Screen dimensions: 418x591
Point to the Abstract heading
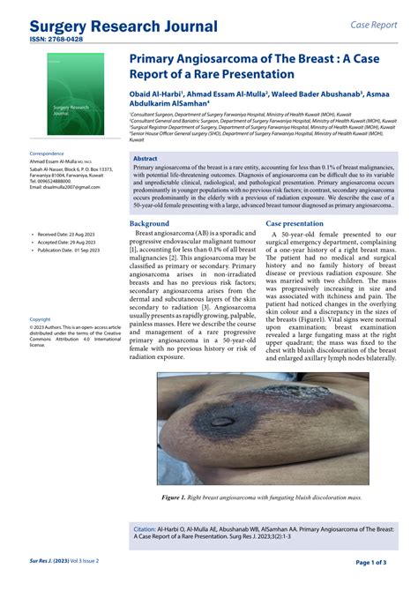145,159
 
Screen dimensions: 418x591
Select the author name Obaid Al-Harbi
156,94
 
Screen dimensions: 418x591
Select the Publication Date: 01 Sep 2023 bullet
72,250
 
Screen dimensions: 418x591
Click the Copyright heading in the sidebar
41,319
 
